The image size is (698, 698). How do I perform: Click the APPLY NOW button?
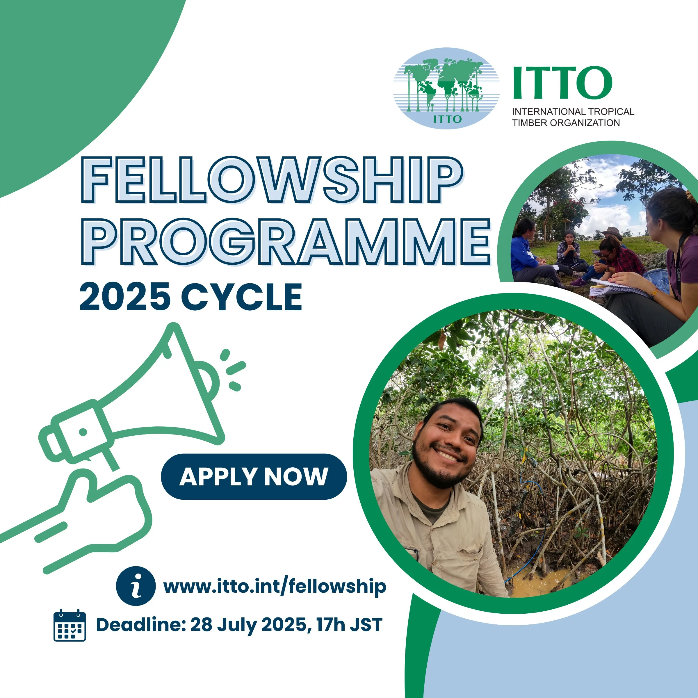pos(254,477)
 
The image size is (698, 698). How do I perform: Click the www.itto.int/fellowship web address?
pos(275,586)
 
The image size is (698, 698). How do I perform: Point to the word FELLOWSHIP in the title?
pos(272,179)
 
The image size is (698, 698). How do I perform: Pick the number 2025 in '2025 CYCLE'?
pos(125,297)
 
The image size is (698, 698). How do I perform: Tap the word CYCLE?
pos(241,297)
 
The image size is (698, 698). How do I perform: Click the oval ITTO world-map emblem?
pos(446,88)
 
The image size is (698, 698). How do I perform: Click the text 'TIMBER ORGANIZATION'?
pos(566,123)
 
